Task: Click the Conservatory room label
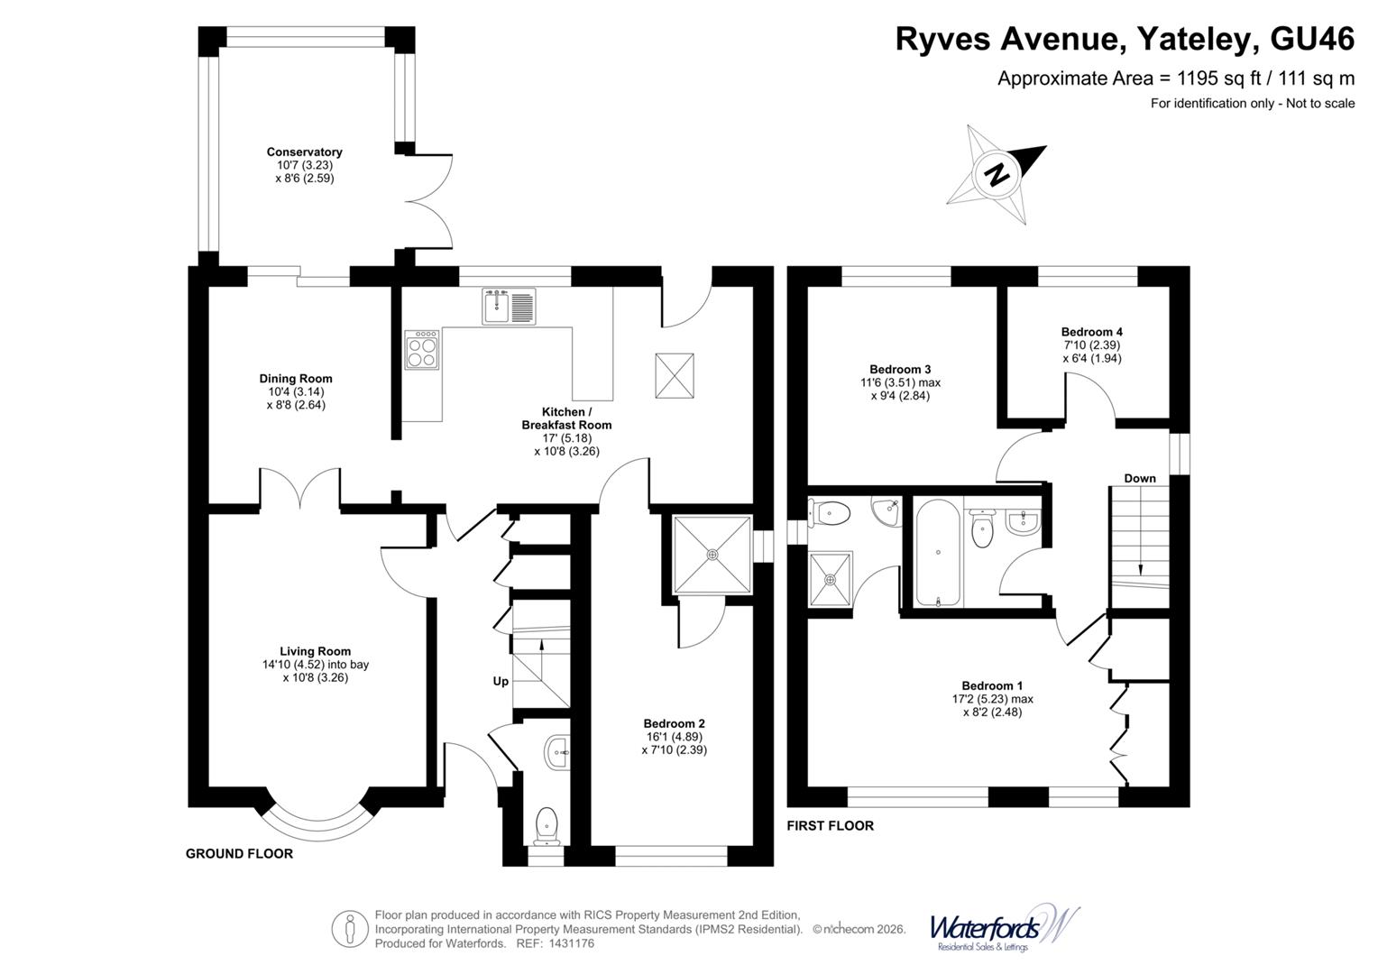pos(304,152)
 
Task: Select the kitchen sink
pos(509,307)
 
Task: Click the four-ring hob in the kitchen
pos(423,350)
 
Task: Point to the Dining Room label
pos(296,379)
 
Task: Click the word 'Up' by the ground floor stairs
pos(501,681)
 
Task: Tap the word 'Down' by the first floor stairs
pos(1139,478)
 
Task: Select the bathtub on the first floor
pos(939,552)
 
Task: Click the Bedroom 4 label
pos(1091,332)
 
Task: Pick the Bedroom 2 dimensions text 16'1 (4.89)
pos(674,736)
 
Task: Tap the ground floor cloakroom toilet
pos(547,826)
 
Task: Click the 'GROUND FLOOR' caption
pos(239,853)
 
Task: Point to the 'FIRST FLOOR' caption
pos(830,825)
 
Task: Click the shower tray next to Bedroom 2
pos(712,554)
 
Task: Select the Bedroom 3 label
pos(900,369)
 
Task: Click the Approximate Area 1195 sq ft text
pos(1175,78)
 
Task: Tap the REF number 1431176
pos(567,943)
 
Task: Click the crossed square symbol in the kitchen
pos(675,374)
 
